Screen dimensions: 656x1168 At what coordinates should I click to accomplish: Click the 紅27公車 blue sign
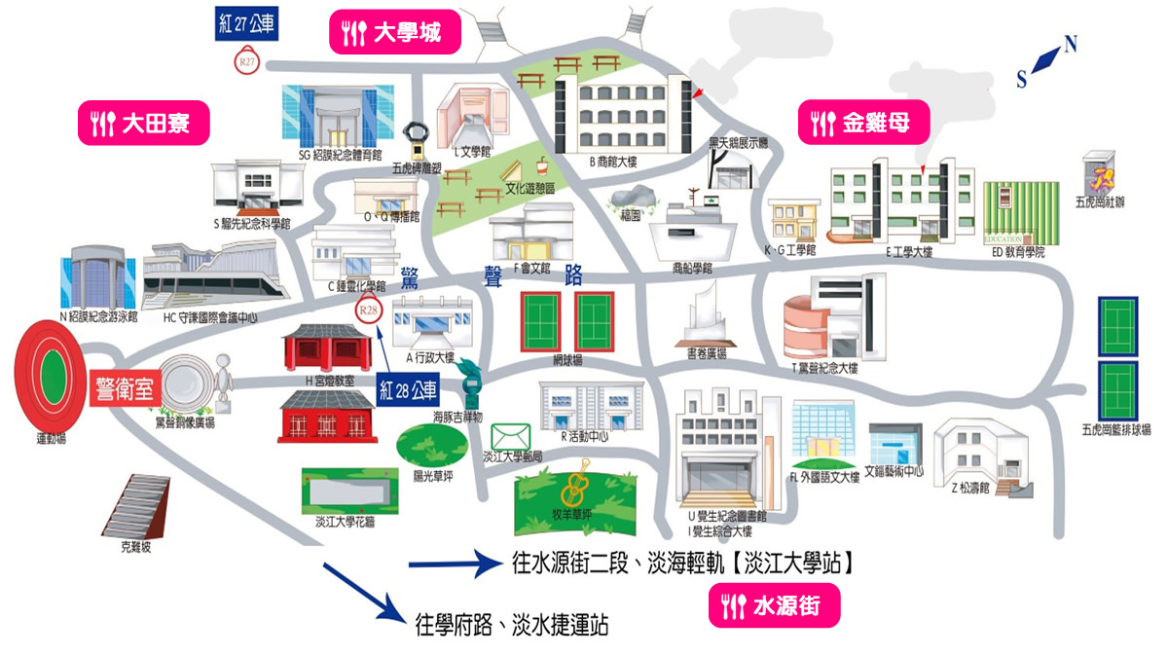247,25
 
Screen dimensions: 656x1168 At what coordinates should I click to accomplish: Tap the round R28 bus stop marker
368,311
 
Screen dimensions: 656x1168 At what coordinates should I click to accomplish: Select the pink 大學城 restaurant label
394,34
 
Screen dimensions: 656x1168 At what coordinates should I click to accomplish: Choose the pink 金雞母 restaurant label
863,123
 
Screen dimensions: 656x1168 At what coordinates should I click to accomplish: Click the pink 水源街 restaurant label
774,607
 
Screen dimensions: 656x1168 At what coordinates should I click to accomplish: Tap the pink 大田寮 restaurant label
144,123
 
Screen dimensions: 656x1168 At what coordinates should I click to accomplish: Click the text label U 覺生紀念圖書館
727,517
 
